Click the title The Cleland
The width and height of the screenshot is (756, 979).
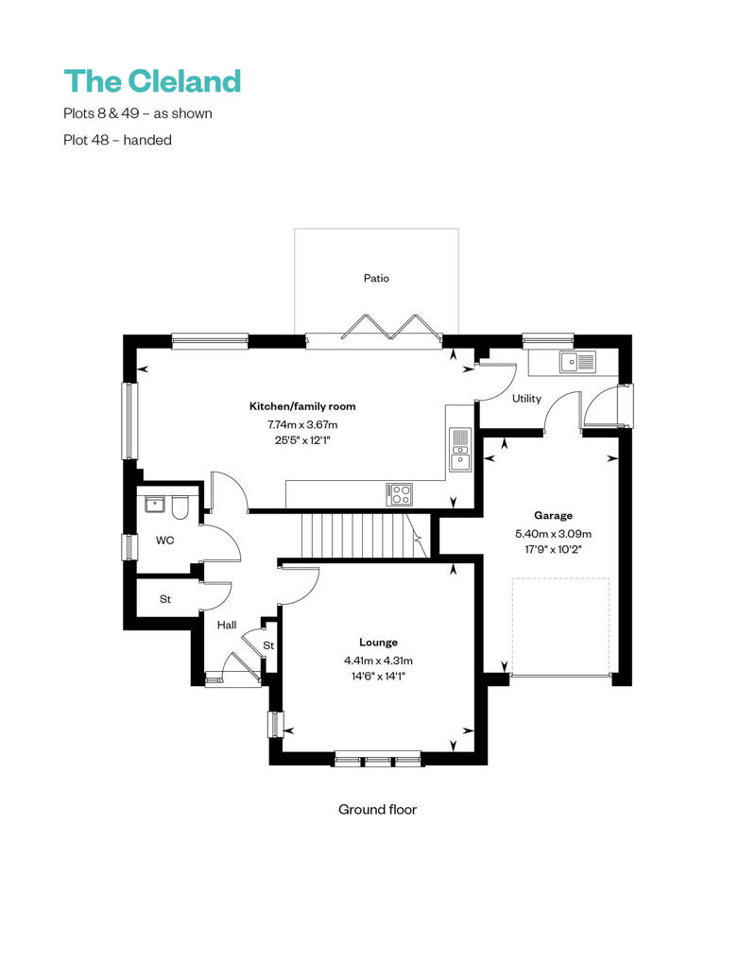click(152, 80)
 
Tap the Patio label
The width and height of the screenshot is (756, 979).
click(376, 279)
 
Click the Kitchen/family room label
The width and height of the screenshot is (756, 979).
click(302, 406)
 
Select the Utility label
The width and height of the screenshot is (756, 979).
click(526, 399)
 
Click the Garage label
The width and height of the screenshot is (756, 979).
click(553, 516)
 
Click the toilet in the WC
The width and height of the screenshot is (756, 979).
click(181, 507)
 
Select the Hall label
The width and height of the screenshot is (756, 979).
click(227, 625)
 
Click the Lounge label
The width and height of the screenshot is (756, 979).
click(378, 642)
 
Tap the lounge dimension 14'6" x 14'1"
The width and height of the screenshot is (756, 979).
click(378, 676)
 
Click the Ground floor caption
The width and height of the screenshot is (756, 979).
click(377, 810)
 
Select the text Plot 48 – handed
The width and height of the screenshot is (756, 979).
click(117, 140)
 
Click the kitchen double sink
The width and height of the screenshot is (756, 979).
click(460, 448)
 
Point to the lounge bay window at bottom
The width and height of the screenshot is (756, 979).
click(378, 759)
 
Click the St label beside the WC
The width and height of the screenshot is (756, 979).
click(165, 599)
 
